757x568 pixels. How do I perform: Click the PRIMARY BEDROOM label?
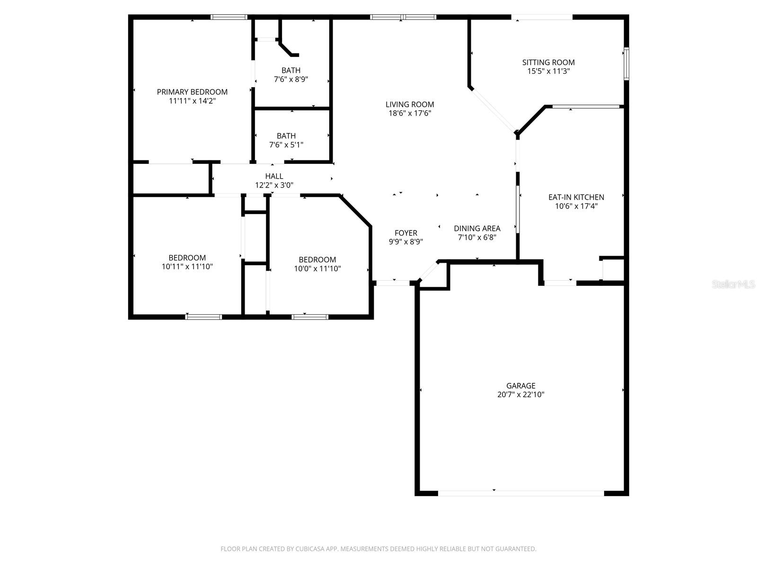tap(192, 92)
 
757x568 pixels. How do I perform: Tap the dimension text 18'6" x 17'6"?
tap(409, 114)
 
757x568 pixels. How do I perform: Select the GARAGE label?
tap(520, 386)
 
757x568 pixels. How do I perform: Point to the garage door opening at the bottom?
tap(520, 493)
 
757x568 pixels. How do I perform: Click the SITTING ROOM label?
tap(548, 62)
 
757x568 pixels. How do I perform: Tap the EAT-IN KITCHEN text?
tap(576, 197)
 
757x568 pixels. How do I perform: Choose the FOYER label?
tap(406, 233)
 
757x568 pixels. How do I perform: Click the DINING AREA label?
tap(477, 229)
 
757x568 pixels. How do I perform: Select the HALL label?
tap(274, 177)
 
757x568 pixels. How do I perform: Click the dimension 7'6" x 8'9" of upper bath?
tap(291, 80)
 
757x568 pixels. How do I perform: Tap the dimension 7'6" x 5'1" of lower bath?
tap(286, 145)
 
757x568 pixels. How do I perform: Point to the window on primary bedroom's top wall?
tap(229, 17)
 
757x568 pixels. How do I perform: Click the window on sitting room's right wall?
tap(626, 63)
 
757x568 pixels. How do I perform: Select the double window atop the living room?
tap(403, 17)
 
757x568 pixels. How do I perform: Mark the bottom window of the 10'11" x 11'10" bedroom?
tap(203, 317)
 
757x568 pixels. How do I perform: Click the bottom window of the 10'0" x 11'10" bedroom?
tap(310, 317)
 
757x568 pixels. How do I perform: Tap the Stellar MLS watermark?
tap(733, 284)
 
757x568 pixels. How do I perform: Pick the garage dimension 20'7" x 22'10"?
tap(520, 395)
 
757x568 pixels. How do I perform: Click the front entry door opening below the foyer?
tap(393, 283)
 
